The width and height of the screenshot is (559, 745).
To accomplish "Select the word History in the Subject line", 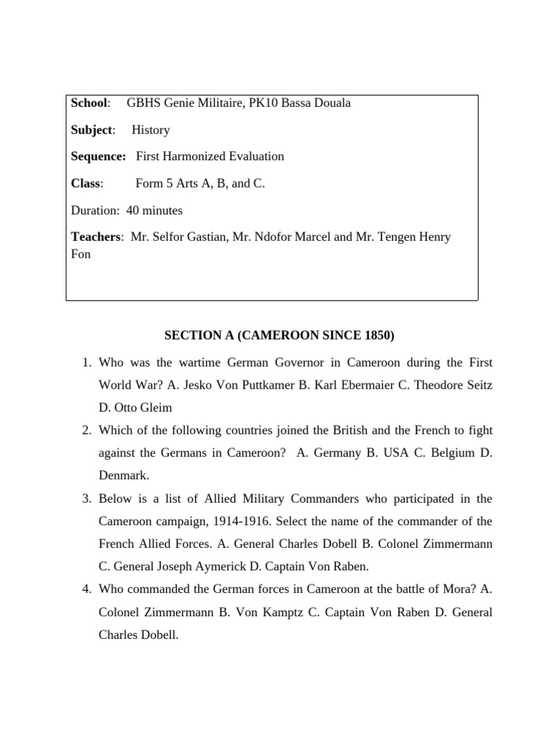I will [x=151, y=130].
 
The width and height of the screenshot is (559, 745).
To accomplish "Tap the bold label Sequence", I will [x=98, y=156].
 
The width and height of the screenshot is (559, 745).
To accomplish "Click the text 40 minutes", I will [x=154, y=210].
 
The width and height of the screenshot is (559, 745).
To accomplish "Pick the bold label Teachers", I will [x=97, y=237].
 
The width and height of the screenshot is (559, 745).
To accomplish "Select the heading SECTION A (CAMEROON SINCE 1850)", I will [x=279, y=335].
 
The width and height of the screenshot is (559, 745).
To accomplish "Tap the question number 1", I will [x=85, y=362].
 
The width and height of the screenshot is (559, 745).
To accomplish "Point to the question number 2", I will [x=85, y=430].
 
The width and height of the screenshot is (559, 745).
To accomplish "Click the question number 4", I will [x=85, y=589].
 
